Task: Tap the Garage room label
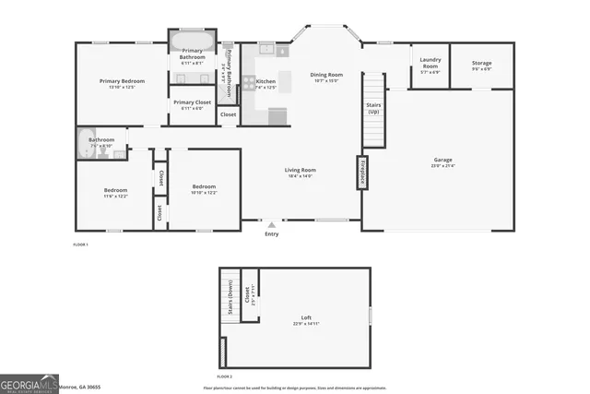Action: (442, 160)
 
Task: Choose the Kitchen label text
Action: (265, 82)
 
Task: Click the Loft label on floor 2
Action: (307, 317)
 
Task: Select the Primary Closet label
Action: (192, 102)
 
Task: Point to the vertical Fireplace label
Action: (363, 173)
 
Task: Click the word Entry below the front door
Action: (271, 233)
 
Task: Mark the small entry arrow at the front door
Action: (271, 224)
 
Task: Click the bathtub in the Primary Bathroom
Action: (192, 42)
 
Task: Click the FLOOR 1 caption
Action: (80, 245)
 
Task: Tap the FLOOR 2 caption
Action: (225, 376)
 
